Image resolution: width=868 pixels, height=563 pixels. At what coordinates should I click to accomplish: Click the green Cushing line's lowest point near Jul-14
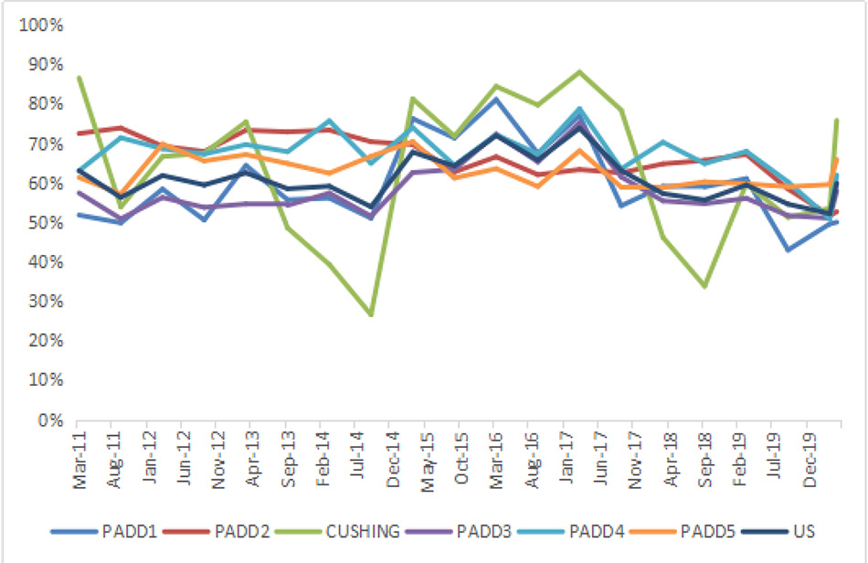click(x=370, y=315)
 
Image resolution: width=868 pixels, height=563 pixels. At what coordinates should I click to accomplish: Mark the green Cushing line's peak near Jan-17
click(x=579, y=71)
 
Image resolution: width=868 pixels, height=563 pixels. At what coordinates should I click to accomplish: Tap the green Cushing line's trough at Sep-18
click(x=704, y=287)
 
